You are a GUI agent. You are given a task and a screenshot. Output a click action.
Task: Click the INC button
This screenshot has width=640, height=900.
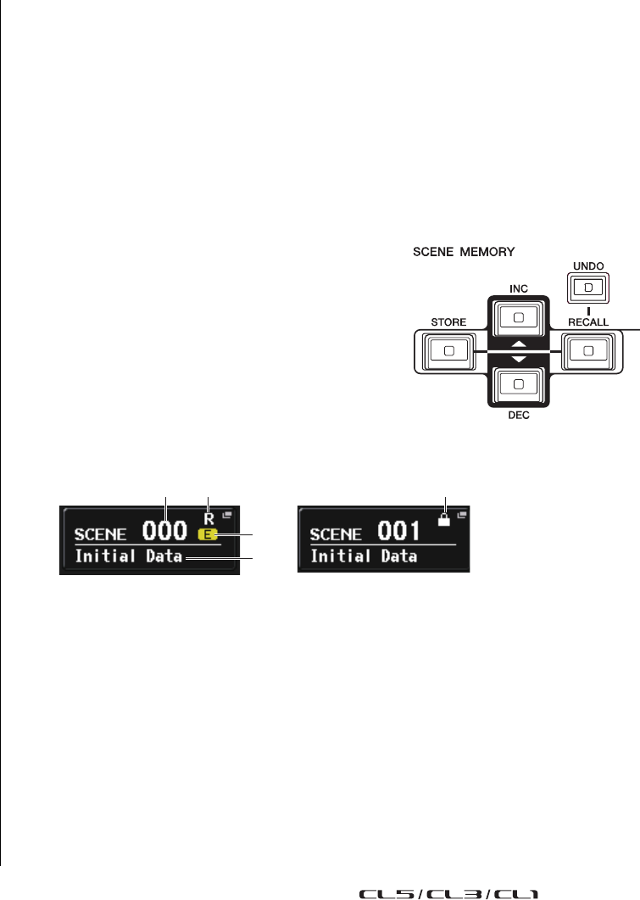coord(519,317)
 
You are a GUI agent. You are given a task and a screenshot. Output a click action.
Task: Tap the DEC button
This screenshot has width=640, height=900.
coord(519,383)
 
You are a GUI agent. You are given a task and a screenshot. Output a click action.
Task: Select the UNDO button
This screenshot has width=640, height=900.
coord(593,288)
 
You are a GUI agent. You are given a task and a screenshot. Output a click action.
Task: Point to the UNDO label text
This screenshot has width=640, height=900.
coord(593,266)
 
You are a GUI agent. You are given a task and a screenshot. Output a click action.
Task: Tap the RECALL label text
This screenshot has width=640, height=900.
coord(587,322)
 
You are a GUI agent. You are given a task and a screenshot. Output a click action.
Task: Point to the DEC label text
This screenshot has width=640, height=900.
coord(519,417)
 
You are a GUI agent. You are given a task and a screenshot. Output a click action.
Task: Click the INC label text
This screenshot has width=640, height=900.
coord(519,288)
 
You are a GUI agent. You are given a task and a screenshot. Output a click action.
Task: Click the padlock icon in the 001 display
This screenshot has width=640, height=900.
coord(443,521)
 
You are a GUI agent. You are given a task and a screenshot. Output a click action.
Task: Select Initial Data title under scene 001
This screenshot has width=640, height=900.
coord(364,556)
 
